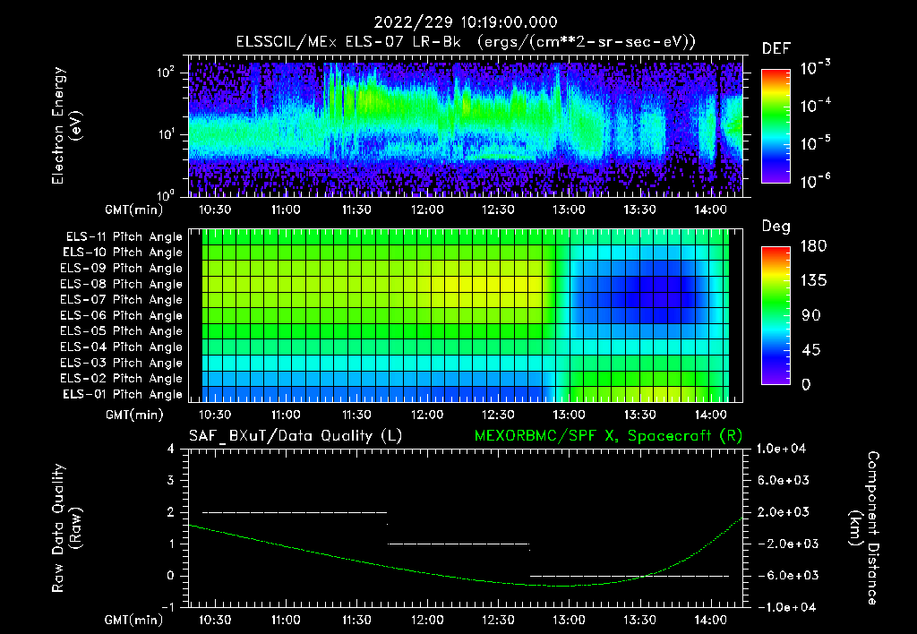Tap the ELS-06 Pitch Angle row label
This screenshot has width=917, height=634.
pyautogui.click(x=121, y=316)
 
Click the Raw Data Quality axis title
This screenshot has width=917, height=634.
pyautogui.click(x=67, y=527)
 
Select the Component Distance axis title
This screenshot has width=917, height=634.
pyautogui.click(x=864, y=527)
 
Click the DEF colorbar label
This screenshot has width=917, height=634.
pyautogui.click(x=776, y=48)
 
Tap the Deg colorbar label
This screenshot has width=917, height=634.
pyautogui.click(x=776, y=227)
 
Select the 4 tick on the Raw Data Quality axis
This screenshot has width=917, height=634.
pyautogui.click(x=172, y=449)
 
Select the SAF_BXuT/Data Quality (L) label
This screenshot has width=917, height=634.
pyautogui.click(x=295, y=435)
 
